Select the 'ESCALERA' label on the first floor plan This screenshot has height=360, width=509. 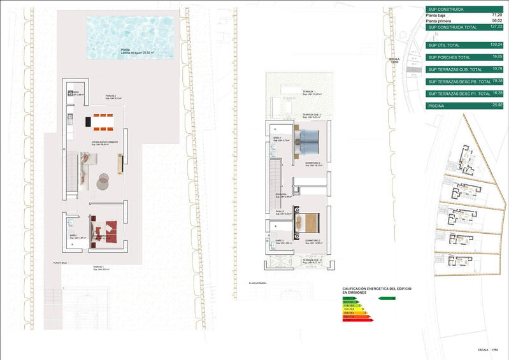(x=281, y=194)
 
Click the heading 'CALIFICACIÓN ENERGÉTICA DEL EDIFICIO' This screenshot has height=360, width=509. (x=377, y=289)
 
